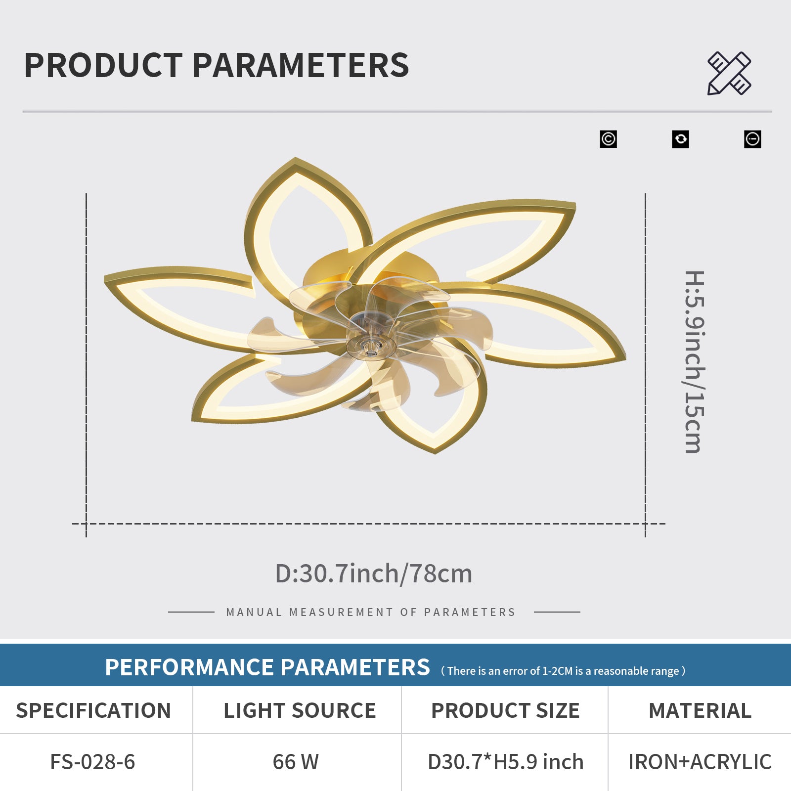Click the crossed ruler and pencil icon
click(x=729, y=73)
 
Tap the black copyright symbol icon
click(x=608, y=139)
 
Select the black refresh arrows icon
click(x=680, y=139)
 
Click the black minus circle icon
click(x=752, y=139)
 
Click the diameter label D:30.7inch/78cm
click(x=374, y=573)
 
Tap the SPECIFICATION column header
click(x=93, y=710)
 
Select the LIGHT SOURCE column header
click(x=300, y=710)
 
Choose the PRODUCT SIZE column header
click(x=505, y=710)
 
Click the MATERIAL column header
click(x=700, y=710)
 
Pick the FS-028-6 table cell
click(x=92, y=762)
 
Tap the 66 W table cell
click(x=296, y=762)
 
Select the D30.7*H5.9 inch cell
click(x=505, y=762)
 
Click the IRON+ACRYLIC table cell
click(x=700, y=762)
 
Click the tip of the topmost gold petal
click(x=296, y=158)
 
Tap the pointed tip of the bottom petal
click(x=435, y=452)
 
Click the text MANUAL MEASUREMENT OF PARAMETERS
click(x=371, y=612)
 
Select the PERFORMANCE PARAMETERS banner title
click(x=267, y=667)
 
